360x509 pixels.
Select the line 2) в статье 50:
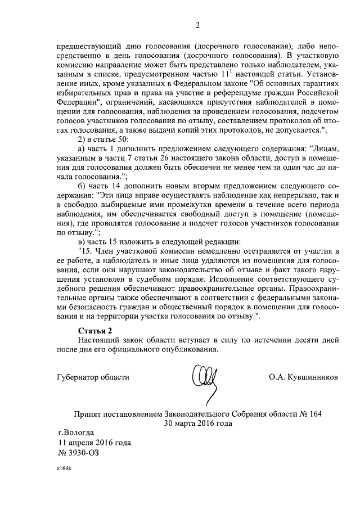click(103, 138)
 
